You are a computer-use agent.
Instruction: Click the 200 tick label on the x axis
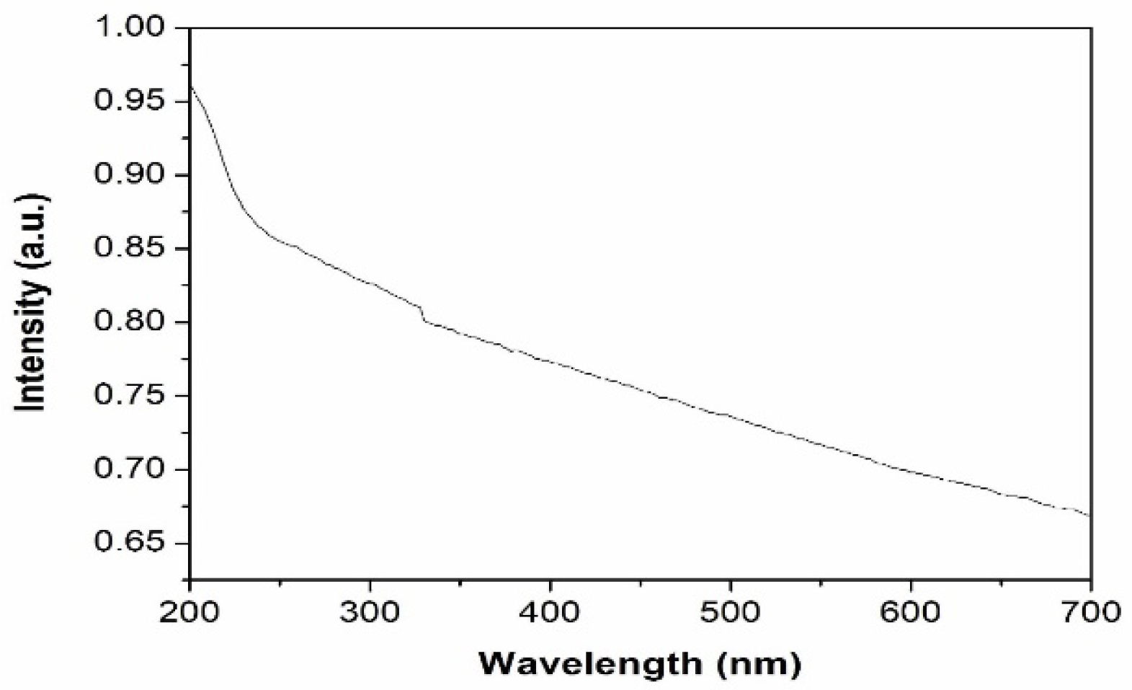click(x=190, y=612)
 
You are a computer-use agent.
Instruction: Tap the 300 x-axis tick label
click(x=370, y=612)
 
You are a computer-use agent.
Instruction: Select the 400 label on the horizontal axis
click(x=551, y=612)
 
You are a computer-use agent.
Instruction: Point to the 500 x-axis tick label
click(x=731, y=612)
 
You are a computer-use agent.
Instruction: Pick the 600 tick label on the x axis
click(x=911, y=612)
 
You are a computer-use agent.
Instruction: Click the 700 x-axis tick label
click(x=1091, y=612)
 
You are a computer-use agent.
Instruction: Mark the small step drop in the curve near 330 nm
click(x=422, y=314)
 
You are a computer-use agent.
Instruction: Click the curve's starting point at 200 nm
click(x=190, y=86)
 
